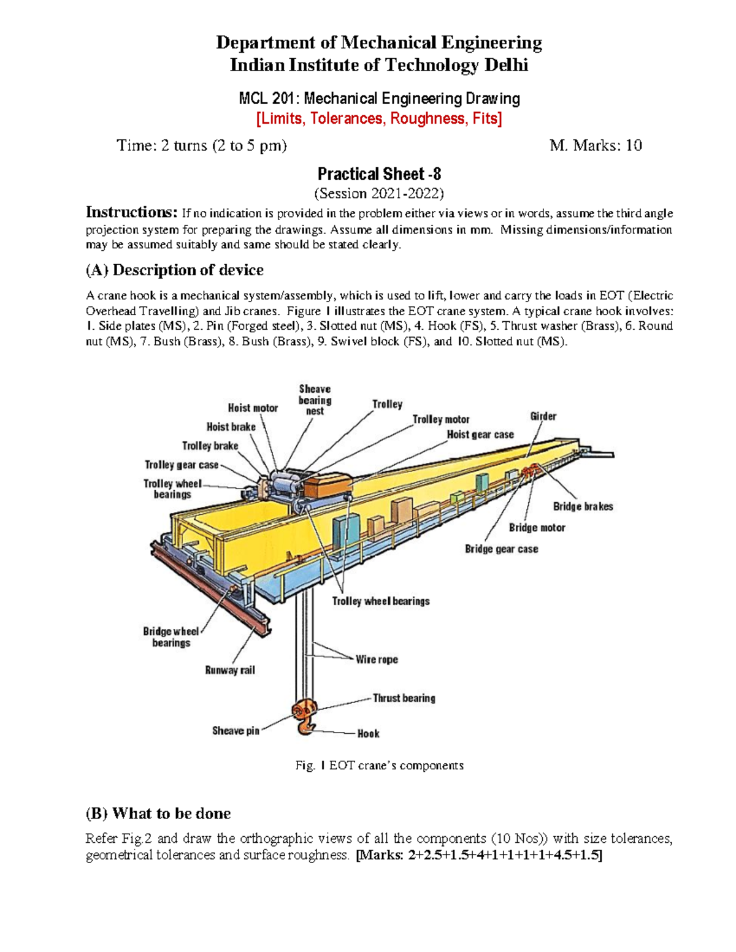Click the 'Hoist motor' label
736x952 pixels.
coord(253,408)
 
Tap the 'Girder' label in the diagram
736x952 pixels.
coord(543,416)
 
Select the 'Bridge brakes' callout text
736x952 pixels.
coord(583,506)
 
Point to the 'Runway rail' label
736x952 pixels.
coord(230,670)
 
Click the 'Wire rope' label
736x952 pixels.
coord(377,660)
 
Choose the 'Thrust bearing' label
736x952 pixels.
coord(404,698)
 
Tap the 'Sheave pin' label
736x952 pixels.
coord(236,731)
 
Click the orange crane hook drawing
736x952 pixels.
coord(305,717)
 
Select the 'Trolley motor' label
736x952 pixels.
coord(440,419)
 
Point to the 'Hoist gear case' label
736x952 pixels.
coord(480,435)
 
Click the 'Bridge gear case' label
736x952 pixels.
coord(501,549)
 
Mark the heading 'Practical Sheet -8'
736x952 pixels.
coord(379,174)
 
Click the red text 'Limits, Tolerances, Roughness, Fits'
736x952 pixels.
coord(379,118)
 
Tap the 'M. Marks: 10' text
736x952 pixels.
coord(596,145)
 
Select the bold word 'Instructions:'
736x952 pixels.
coord(131,213)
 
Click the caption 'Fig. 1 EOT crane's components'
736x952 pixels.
coord(379,765)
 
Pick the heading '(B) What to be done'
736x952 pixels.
coord(158,813)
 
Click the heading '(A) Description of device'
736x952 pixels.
coord(175,270)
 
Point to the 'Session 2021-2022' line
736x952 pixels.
coord(379,194)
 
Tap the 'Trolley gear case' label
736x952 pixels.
coord(182,465)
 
